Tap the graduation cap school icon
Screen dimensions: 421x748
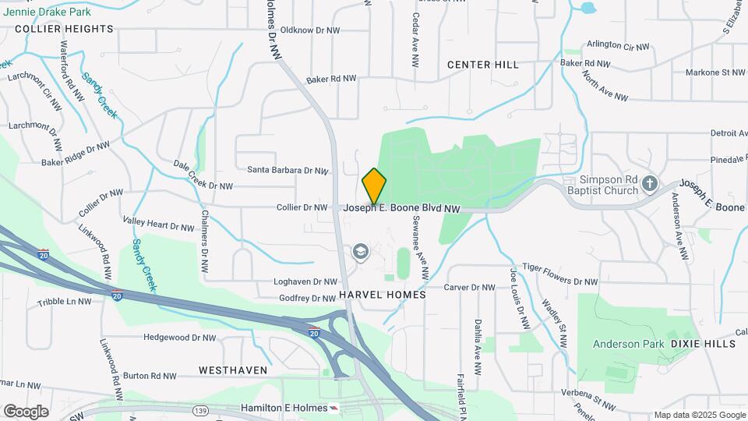(360, 251)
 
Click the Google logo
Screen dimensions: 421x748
(26, 411)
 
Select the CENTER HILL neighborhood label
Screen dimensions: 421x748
(483, 65)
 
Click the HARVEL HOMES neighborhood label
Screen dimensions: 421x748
(383, 295)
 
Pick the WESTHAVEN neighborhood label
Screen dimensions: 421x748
(233, 370)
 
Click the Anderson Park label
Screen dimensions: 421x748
(628, 343)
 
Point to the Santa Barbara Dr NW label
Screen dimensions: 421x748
(288, 170)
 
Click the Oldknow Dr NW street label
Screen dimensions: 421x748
(310, 30)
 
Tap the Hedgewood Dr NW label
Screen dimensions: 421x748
(179, 338)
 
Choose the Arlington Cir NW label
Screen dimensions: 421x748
(617, 47)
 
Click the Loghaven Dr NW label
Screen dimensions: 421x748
(305, 281)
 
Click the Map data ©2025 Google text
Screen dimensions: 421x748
(700, 415)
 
